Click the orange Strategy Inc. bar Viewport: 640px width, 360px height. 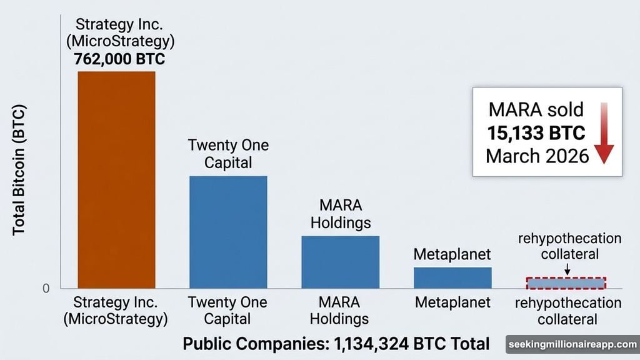tap(116, 180)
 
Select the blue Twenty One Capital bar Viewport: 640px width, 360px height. tap(228, 232)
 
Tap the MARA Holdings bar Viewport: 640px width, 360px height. tap(340, 262)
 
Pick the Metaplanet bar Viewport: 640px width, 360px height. tap(452, 277)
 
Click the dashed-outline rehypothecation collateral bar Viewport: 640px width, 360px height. tap(566, 283)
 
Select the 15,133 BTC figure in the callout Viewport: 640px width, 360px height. tap(536, 132)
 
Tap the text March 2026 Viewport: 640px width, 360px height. tap(537, 155)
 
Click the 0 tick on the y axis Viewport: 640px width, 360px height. tap(46, 289)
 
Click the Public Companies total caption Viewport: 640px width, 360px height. tap(336, 344)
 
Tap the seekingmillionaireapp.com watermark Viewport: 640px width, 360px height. tap(572, 344)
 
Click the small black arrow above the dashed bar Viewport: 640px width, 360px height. tap(567, 269)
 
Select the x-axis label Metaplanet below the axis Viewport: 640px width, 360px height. tap(452, 303)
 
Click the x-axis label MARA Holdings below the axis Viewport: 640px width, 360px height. tap(340, 311)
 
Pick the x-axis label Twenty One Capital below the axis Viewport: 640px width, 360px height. tap(228, 311)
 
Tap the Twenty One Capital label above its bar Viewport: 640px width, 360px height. tap(228, 154)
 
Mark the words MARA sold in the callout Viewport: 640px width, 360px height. tap(536, 110)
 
